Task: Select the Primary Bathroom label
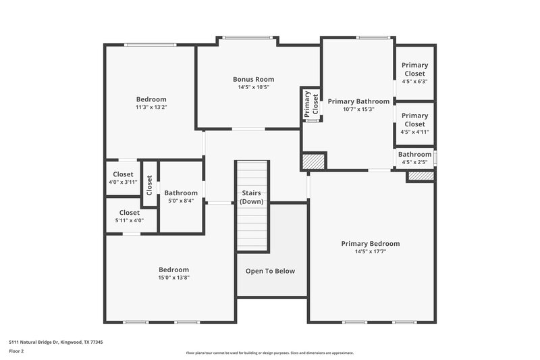point(358,101)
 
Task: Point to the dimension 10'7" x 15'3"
point(358,109)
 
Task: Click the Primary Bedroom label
point(370,244)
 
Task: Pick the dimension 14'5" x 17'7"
point(370,252)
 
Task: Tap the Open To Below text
point(270,271)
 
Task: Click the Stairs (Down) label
point(252,197)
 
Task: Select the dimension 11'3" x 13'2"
point(151,107)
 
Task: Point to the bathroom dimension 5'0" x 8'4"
point(181,201)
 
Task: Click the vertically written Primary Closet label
point(311,105)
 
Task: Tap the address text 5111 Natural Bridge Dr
point(55,342)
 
